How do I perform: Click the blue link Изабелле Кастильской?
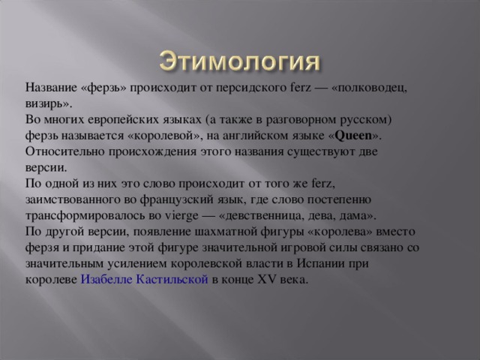point(144,280)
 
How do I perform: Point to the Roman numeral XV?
point(265,280)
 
